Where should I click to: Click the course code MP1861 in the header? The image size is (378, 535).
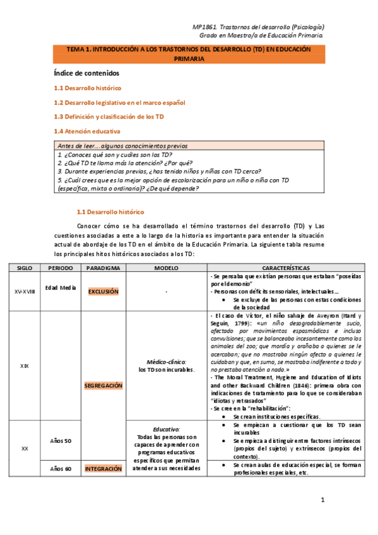click(203, 27)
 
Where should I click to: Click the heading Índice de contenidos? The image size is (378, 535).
click(91, 74)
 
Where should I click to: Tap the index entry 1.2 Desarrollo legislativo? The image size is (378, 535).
click(119, 102)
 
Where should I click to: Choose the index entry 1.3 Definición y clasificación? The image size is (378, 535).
click(109, 117)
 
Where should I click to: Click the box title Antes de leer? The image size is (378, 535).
click(122, 146)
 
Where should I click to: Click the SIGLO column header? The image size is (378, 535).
click(25, 268)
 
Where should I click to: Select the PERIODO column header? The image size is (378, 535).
click(61, 268)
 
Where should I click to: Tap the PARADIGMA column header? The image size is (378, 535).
click(103, 268)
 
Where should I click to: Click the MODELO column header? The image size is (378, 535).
click(167, 268)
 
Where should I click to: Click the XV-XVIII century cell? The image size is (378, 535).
click(25, 291)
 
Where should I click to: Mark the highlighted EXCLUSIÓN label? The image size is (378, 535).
click(103, 291)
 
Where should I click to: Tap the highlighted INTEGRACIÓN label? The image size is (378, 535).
click(103, 469)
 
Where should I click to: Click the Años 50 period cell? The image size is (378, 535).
click(61, 440)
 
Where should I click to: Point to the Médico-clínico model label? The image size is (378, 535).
click(166, 362)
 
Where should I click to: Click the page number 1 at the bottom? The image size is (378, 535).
click(322, 500)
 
